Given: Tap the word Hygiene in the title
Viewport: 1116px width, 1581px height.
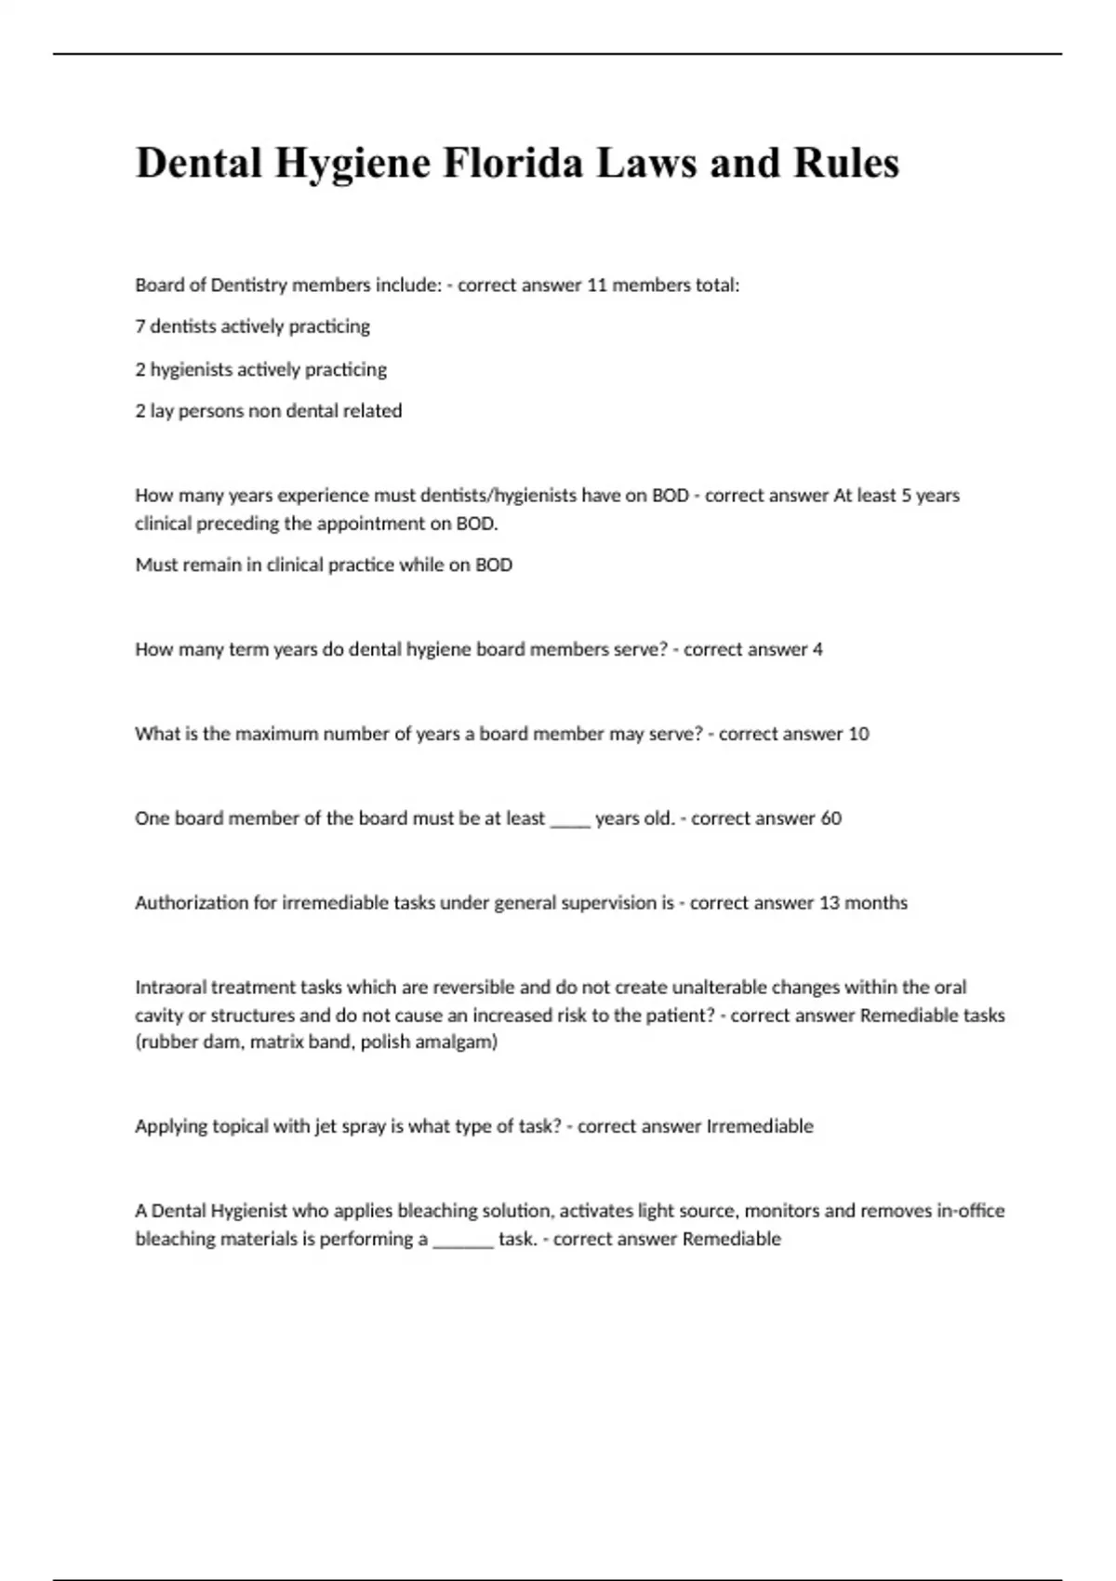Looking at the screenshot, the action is tap(352, 165).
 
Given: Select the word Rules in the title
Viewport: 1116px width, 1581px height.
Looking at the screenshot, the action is tap(845, 163).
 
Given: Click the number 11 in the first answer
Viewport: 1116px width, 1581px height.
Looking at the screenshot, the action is tap(596, 286).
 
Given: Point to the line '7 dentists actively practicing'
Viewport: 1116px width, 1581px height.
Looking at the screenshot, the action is tap(252, 326).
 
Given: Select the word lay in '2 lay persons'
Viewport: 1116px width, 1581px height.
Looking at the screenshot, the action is tap(162, 411).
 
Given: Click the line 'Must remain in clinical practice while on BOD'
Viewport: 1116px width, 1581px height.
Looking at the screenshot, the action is tap(324, 565).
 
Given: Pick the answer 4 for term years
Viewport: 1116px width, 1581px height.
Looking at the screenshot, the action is tap(817, 649).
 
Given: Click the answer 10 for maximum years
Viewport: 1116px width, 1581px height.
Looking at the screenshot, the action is tap(857, 734).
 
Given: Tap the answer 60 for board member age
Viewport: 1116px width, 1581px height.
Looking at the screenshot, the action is tap(830, 818).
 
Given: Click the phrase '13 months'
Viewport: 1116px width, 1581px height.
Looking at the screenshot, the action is tap(863, 903).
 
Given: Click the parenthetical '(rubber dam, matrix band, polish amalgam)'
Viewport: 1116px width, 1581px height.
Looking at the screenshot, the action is tap(316, 1043).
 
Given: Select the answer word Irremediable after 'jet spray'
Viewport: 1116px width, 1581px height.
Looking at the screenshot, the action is tap(760, 1126).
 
